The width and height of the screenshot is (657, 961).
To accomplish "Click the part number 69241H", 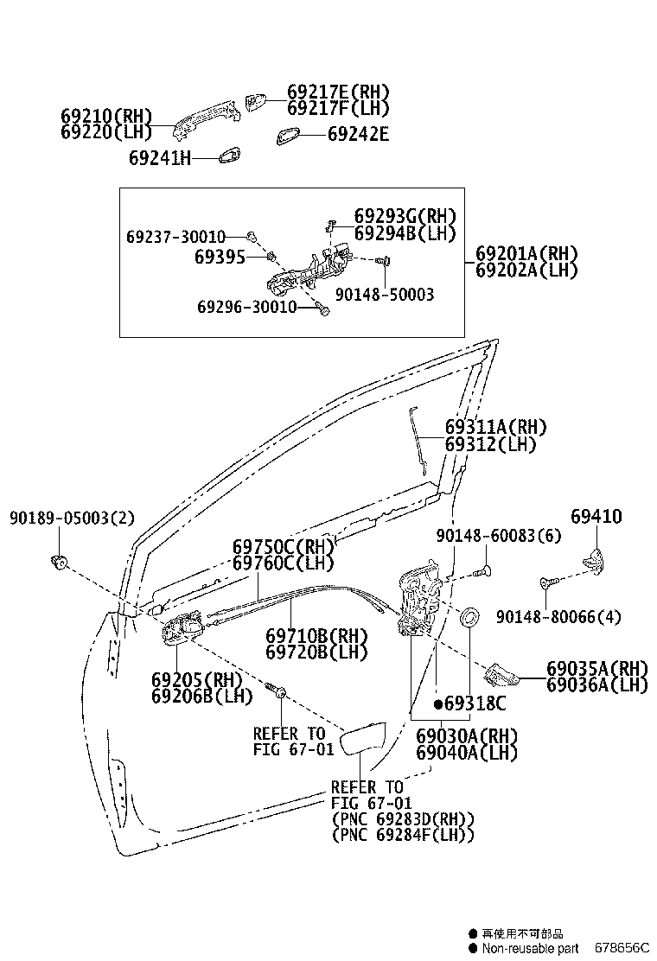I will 159,158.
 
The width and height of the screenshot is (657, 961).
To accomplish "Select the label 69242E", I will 358,134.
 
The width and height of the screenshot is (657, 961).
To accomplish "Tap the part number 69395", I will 220,257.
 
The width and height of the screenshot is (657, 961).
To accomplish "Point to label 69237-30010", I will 175,237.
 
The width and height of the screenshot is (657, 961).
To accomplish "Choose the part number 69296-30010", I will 246,307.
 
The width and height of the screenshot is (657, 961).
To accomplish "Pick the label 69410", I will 596,517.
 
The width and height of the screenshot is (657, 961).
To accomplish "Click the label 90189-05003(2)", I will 73,519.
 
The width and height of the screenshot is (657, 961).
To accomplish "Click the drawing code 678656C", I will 624,948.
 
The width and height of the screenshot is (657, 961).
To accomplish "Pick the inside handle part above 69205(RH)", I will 181,630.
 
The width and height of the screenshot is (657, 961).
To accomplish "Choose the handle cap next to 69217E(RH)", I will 255,102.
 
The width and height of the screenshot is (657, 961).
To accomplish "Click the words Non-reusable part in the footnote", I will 529,948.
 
